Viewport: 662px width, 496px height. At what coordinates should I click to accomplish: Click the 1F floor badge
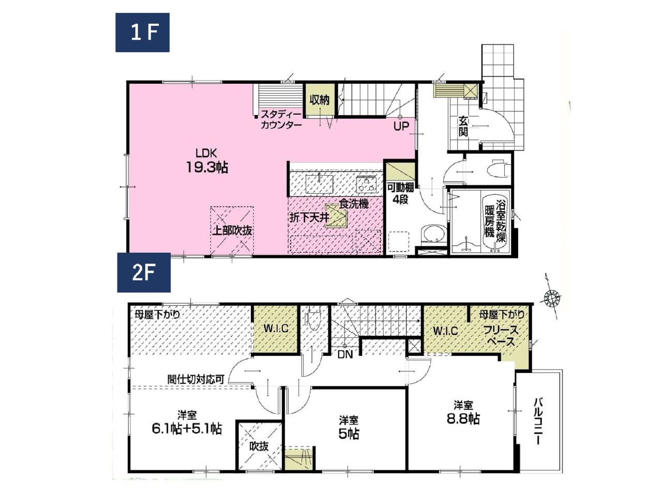(142, 33)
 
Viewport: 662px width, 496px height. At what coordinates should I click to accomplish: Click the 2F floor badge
(144, 273)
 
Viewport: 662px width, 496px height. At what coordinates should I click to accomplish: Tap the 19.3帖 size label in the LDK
(207, 167)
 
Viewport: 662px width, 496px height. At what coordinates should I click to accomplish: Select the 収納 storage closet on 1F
(320, 99)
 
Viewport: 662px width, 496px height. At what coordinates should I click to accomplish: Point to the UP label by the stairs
(401, 127)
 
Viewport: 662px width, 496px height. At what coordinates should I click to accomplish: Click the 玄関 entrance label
(463, 126)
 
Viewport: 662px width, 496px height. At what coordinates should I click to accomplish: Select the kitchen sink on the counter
(320, 184)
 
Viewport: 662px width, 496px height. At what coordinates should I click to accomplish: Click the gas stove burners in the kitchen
(366, 184)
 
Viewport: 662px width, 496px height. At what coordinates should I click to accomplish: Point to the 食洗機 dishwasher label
(354, 204)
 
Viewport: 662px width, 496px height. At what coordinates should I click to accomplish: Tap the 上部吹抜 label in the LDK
(232, 230)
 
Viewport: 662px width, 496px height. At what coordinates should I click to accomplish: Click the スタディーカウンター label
(281, 119)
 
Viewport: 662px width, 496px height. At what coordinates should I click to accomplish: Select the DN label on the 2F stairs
(345, 354)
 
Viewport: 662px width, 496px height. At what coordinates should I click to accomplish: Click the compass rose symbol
(552, 298)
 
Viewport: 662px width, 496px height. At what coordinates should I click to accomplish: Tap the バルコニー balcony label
(538, 422)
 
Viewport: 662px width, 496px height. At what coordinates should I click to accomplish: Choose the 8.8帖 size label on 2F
(463, 419)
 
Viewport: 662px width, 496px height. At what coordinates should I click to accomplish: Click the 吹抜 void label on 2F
(259, 446)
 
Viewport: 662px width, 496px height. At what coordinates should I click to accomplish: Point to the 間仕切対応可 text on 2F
(196, 379)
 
